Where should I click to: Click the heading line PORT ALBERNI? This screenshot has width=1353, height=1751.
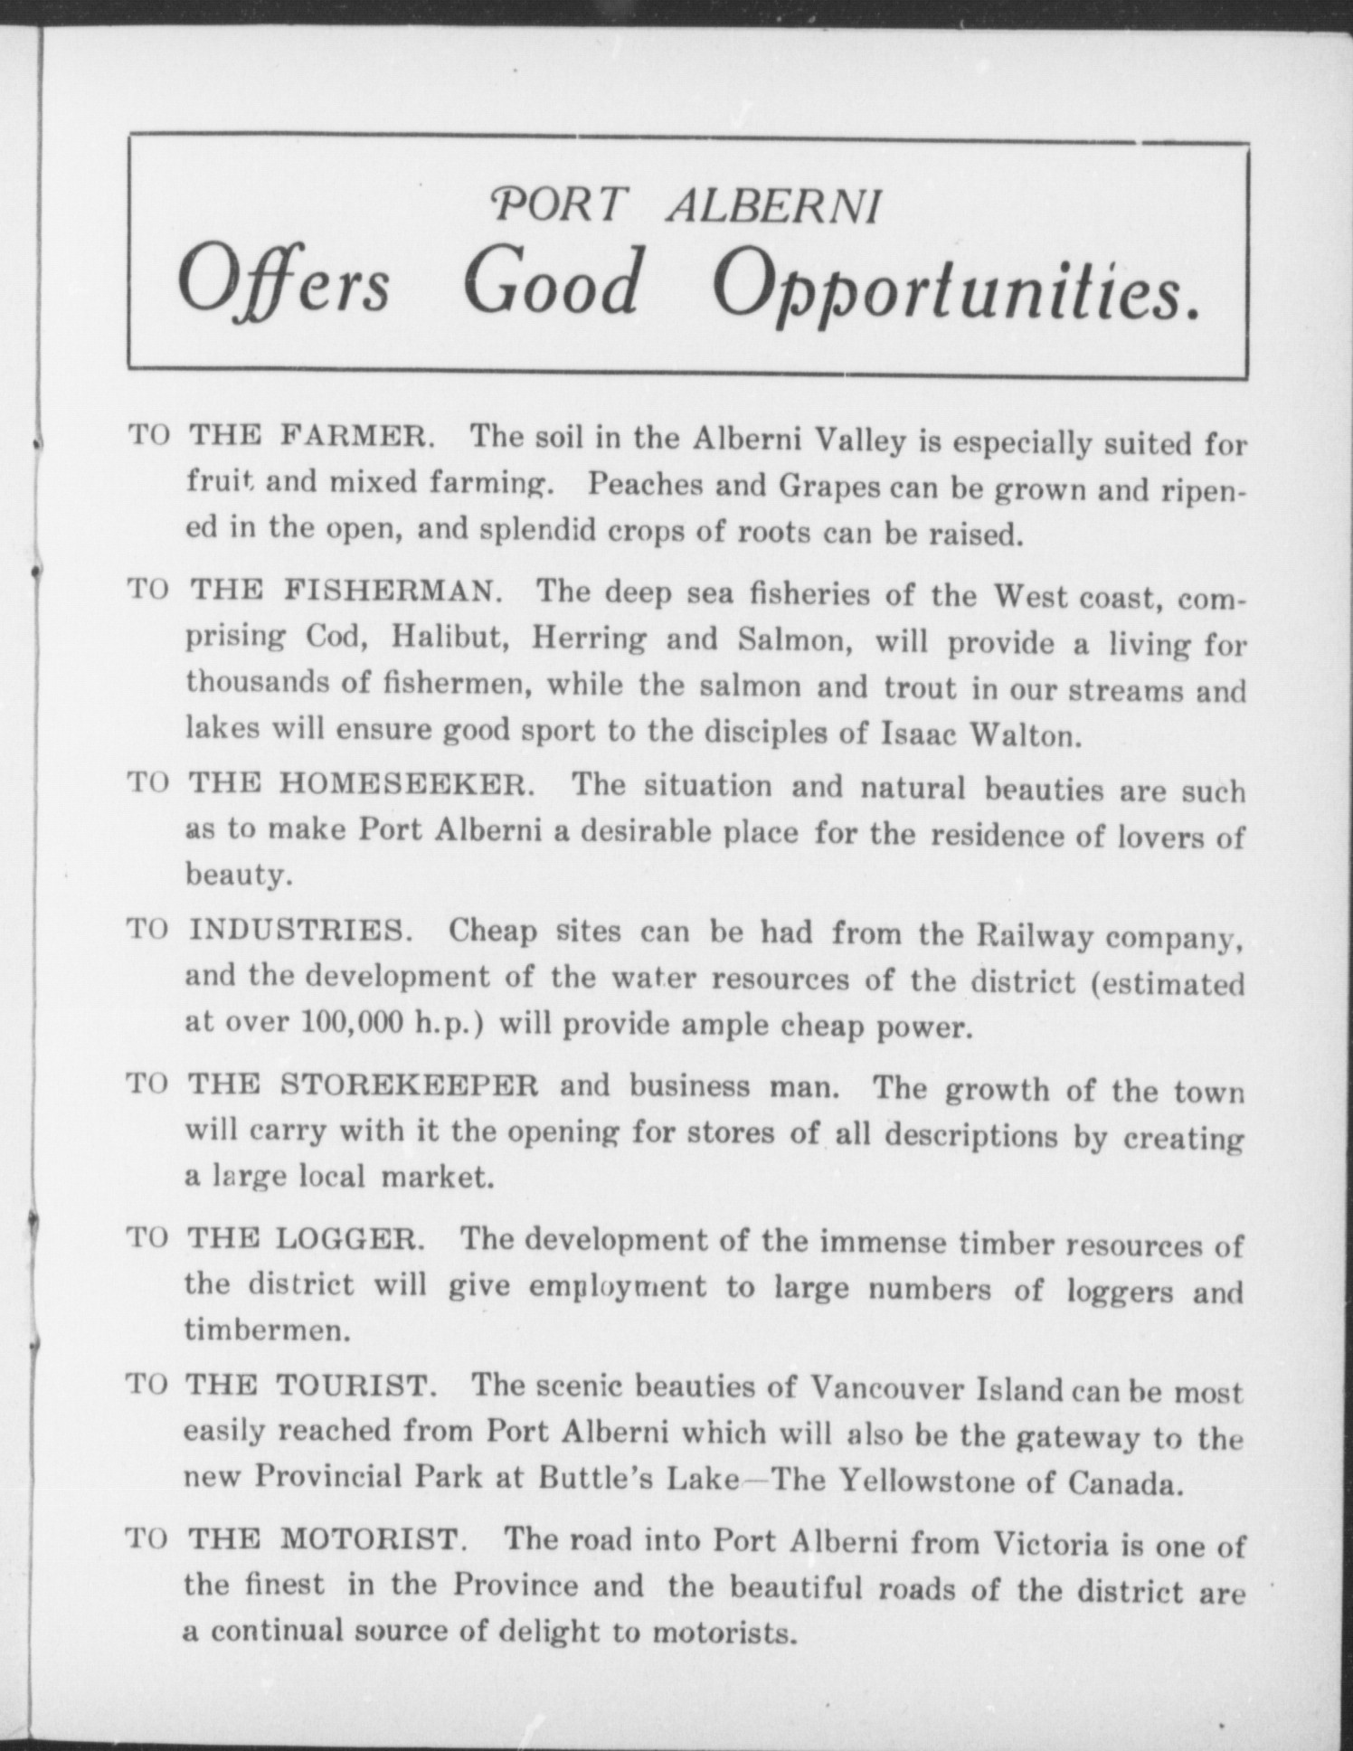(x=685, y=206)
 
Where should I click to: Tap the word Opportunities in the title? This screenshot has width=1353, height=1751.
(x=957, y=286)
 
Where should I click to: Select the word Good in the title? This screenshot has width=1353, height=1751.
(x=551, y=281)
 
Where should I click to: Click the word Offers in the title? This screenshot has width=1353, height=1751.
(x=284, y=281)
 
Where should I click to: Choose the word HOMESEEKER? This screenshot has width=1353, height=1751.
(x=406, y=783)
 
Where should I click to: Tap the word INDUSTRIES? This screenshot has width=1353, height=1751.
(x=301, y=930)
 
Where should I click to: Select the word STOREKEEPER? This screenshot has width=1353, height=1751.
(x=409, y=1084)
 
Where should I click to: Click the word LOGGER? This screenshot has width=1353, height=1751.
(x=349, y=1237)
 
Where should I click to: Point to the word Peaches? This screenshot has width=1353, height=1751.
(x=645, y=485)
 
